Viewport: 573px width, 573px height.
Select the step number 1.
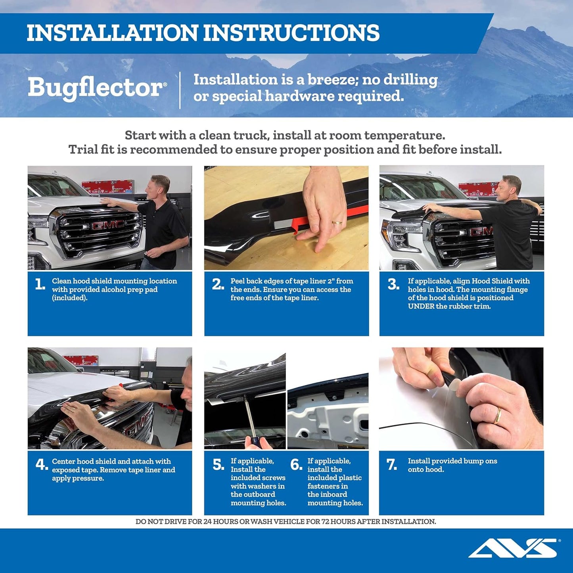40,284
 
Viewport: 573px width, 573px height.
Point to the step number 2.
218,284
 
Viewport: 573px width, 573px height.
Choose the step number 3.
393,284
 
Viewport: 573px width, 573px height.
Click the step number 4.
42,464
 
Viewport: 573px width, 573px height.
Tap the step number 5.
218,464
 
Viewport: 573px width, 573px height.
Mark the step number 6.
296,464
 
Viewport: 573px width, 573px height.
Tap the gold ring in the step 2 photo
337,223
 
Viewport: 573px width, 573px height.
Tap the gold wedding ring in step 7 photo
497,415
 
